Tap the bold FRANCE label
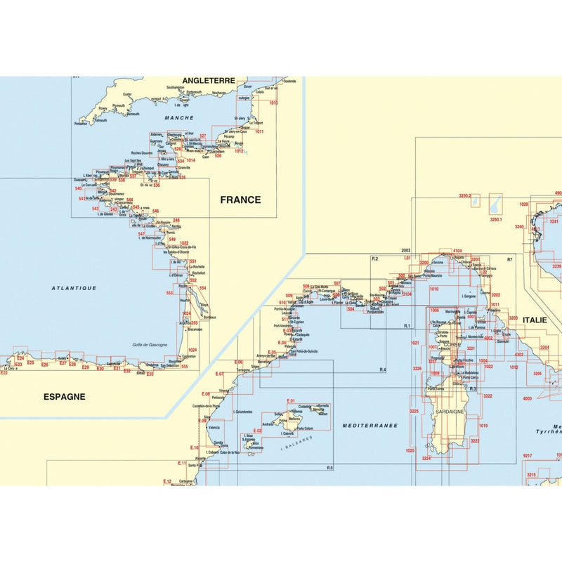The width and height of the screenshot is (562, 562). [240, 200]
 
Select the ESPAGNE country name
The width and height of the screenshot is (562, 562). [64, 396]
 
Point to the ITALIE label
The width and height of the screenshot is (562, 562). [533, 320]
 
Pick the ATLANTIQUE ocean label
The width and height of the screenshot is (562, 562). [74, 288]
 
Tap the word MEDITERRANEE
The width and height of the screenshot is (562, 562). [370, 426]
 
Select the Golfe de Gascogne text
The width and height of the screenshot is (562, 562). [148, 344]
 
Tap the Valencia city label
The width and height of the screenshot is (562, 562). [214, 428]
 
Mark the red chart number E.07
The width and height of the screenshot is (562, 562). [219, 374]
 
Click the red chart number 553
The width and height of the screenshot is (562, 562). [169, 293]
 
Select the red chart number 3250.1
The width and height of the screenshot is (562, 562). [497, 220]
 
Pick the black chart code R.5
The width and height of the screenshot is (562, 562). [329, 469]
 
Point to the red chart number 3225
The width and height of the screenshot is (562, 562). [414, 411]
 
